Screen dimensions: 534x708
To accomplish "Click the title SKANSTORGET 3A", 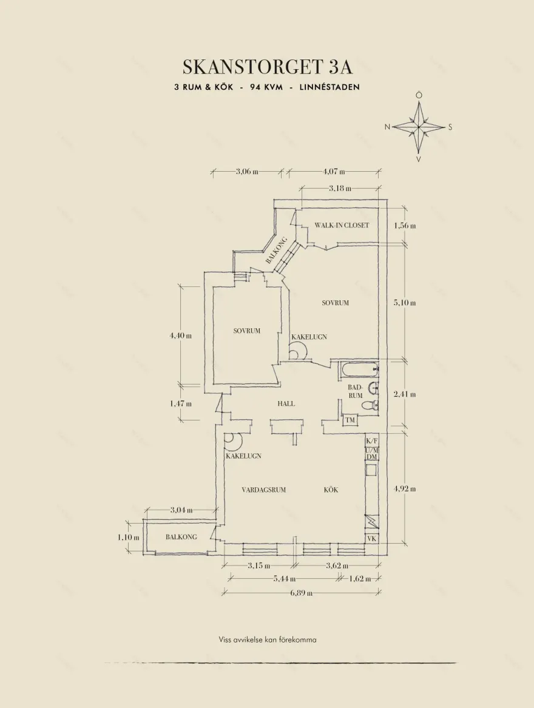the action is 268,67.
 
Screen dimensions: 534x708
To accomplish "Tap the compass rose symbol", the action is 419,127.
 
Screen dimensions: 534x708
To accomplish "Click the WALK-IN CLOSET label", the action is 342,225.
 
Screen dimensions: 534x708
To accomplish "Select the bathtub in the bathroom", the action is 360,370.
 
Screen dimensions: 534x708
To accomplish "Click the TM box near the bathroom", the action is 350,420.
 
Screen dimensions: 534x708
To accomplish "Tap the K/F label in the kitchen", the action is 372,440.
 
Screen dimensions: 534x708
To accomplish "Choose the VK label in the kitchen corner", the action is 371,538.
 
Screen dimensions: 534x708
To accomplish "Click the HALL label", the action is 286,403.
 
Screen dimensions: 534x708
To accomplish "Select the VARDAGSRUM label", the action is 264,490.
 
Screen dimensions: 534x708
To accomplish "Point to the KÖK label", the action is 331,490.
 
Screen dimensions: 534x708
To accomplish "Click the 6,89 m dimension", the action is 302,592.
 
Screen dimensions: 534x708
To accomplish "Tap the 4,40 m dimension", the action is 181,335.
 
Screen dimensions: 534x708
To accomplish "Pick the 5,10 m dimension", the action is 405,303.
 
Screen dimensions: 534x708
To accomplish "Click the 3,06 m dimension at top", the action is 247,171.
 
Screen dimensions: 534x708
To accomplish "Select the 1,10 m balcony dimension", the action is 128,538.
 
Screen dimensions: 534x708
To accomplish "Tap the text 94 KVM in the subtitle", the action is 266,87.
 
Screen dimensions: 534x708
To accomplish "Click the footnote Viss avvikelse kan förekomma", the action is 268,639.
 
